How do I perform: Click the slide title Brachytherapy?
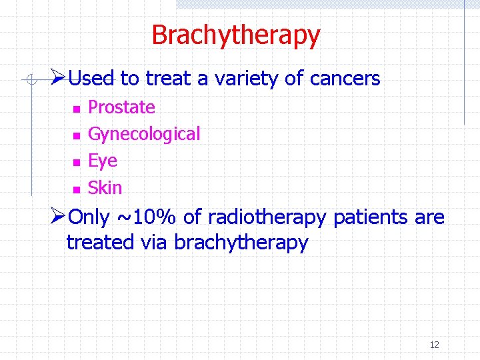pyautogui.click(x=235, y=35)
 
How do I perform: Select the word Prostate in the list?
pyautogui.click(x=121, y=107)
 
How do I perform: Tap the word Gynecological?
pyautogui.click(x=144, y=135)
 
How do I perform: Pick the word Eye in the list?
pyautogui.click(x=103, y=161)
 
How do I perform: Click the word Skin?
pyautogui.click(x=105, y=188)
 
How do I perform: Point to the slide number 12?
pyautogui.click(x=434, y=345)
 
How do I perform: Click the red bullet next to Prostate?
pyautogui.click(x=77, y=109)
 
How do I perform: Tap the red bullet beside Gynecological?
pyautogui.click(x=77, y=135)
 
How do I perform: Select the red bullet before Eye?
pyautogui.click(x=77, y=162)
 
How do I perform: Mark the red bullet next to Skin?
pyautogui.click(x=77, y=189)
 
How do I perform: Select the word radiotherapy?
pyautogui.click(x=267, y=218)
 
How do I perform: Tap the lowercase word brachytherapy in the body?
pyautogui.click(x=241, y=243)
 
